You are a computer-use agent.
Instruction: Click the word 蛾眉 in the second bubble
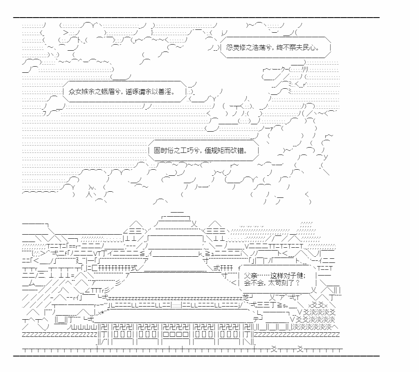(108, 92)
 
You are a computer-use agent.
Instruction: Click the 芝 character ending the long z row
(246, 297)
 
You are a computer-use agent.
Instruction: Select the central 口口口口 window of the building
(176, 334)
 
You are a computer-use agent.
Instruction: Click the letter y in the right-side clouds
(325, 157)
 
